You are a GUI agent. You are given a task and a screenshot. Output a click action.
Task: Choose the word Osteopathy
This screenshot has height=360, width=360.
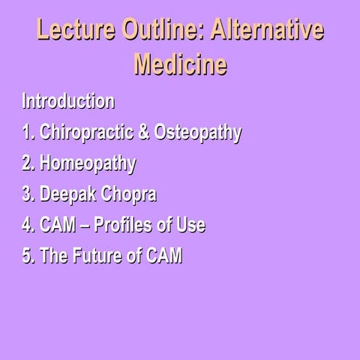(x=198, y=133)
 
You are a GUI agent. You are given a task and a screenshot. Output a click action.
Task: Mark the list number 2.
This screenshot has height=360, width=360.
(x=28, y=163)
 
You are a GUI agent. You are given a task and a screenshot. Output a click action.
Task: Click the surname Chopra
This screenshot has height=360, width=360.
(x=130, y=194)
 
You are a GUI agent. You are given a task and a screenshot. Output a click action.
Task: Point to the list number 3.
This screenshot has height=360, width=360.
(x=28, y=194)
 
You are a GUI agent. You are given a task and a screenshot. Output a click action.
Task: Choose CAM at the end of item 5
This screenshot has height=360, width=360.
(x=163, y=256)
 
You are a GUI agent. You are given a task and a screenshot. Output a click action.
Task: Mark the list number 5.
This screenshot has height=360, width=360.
(x=28, y=256)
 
